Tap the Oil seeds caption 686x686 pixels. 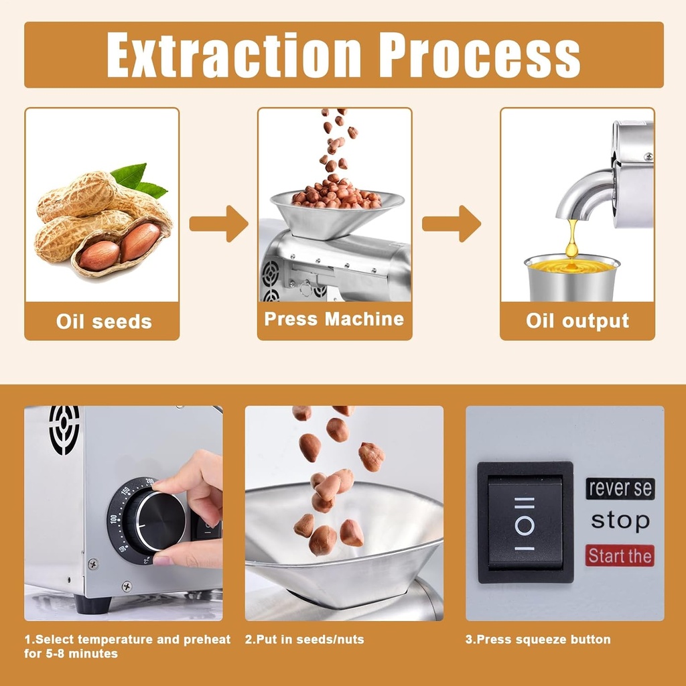point(103,321)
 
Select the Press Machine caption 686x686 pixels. point(334,319)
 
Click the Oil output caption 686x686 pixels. point(577,321)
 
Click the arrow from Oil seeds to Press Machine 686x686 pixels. point(218,223)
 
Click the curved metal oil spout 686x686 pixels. point(583,194)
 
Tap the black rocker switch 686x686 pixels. point(525,522)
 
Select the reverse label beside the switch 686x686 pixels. point(620,488)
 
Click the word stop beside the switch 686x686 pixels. point(620,521)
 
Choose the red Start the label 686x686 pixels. point(620,555)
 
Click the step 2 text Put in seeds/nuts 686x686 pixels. point(304,639)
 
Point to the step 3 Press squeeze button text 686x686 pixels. point(538,639)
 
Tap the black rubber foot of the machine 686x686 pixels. point(92,604)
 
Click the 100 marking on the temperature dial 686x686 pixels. point(113,520)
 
